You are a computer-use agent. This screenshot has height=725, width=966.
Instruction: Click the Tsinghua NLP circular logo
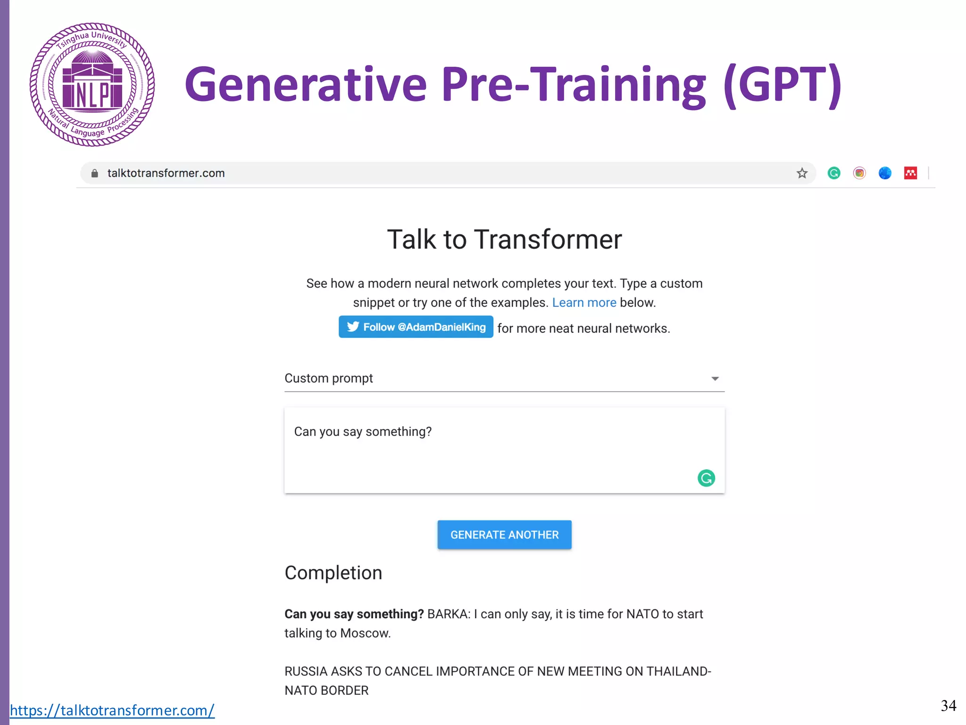[x=92, y=84]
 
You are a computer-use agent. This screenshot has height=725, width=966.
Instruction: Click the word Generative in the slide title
[x=305, y=85]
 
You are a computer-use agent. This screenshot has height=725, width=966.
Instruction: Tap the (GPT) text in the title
[x=782, y=85]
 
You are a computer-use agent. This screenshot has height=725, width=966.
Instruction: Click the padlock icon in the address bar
[x=95, y=173]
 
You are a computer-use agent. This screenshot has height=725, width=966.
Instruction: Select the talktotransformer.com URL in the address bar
[x=166, y=173]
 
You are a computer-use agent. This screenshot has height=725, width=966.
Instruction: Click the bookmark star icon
[x=802, y=173]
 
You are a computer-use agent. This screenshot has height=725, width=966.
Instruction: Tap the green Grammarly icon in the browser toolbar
[x=834, y=173]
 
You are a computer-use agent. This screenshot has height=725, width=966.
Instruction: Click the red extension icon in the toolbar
[x=910, y=173]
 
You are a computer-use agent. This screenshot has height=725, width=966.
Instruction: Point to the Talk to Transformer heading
[x=504, y=239]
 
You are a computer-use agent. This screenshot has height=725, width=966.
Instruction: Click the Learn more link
[x=584, y=303]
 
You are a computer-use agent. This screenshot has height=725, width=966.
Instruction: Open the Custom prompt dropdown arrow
[x=715, y=379]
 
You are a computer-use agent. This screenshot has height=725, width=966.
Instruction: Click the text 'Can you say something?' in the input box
[x=363, y=432]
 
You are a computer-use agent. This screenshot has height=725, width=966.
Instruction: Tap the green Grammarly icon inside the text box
[x=706, y=478]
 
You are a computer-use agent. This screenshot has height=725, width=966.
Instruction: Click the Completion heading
[x=333, y=573]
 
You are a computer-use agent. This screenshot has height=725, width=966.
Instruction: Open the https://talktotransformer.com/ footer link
[x=112, y=710]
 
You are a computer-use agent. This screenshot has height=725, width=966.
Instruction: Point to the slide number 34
[x=948, y=706]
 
